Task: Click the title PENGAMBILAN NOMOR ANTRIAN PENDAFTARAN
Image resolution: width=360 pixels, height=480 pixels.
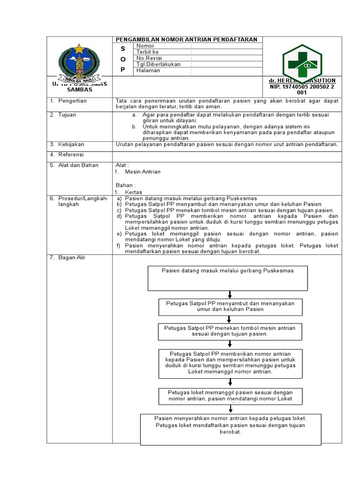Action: coord(187,39)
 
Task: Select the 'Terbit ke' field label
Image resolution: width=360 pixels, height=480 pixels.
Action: coord(148,52)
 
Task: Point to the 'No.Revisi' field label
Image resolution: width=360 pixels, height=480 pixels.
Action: coord(149,58)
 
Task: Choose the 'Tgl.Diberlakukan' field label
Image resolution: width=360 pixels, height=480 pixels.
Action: coord(158,64)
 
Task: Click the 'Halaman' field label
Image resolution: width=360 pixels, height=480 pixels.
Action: coord(148,70)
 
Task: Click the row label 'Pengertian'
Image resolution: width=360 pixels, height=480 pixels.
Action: coord(72,101)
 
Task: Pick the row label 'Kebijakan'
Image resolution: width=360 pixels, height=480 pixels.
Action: coord(70,144)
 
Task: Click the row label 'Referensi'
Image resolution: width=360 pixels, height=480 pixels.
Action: coord(71,154)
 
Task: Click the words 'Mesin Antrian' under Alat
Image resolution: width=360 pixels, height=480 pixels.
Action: coord(142,172)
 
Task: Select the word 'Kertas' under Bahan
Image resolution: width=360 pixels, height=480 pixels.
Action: coord(134,192)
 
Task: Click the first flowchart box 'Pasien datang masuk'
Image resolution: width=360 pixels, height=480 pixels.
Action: coord(228,278)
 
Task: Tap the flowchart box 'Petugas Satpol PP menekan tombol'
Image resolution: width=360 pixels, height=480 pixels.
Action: coord(230,331)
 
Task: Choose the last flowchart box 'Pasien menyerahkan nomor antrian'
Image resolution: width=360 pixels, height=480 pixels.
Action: coord(231,428)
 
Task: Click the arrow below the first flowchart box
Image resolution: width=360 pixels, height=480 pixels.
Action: coord(230,295)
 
